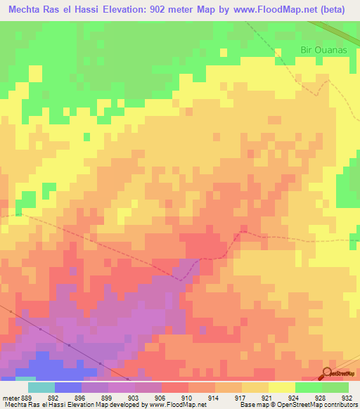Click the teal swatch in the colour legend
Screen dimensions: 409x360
pos(41,387)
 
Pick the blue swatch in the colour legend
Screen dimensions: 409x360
pos(67,387)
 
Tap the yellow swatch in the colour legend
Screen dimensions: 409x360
pos(281,387)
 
